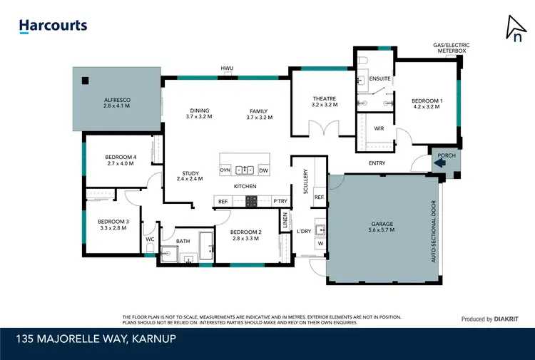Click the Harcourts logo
pyautogui.click(x=53, y=26)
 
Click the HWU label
pyautogui.click(x=228, y=68)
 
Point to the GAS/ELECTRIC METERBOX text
pyautogui.click(x=452, y=48)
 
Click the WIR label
pyautogui.click(x=379, y=128)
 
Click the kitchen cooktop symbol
pyautogui.click(x=251, y=202)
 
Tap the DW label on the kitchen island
pyautogui.click(x=263, y=170)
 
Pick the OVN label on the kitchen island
pyautogui.click(x=225, y=170)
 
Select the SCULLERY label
pyautogui.click(x=305, y=182)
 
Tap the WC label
pyautogui.click(x=150, y=240)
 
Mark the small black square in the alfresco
pyautogui.click(x=84, y=79)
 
